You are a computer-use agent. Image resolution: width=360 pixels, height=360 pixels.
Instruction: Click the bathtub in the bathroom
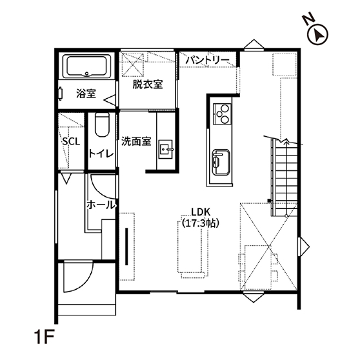click(86, 65)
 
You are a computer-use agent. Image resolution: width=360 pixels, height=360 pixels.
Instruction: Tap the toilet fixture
click(102, 125)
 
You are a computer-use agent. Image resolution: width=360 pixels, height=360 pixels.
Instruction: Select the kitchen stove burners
click(222, 114)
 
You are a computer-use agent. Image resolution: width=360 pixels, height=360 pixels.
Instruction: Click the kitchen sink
click(221, 162)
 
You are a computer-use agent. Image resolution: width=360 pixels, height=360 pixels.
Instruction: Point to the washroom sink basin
click(166, 149)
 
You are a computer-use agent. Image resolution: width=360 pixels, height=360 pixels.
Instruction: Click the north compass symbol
click(317, 35)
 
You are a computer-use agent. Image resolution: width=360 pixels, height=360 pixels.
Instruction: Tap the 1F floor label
click(45, 337)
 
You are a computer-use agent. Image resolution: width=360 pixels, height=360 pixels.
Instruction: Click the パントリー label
click(207, 61)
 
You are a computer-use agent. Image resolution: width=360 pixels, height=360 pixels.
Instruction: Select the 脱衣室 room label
click(148, 85)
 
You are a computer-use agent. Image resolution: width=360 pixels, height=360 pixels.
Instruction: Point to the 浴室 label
click(86, 94)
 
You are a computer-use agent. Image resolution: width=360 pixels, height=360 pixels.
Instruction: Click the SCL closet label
click(71, 142)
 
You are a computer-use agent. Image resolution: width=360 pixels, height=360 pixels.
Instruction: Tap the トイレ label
click(101, 154)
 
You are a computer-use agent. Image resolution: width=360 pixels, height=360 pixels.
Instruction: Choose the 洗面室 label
click(136, 142)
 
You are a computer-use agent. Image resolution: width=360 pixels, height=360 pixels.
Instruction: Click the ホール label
click(101, 205)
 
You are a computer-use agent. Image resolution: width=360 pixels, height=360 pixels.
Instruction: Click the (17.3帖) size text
click(201, 223)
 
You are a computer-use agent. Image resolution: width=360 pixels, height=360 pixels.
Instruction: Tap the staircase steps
click(285, 177)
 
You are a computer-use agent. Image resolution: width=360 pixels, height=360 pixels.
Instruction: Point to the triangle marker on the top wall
click(254, 45)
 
